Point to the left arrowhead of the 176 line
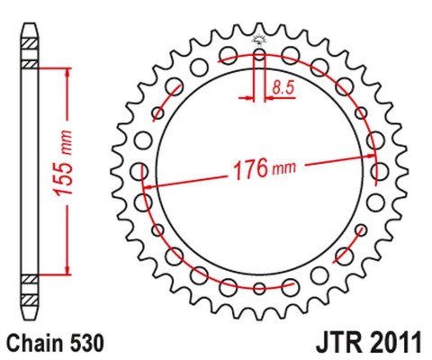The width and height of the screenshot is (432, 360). tap(149, 186)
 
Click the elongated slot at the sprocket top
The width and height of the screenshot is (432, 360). tap(259, 65)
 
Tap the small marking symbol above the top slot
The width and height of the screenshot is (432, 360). tap(259, 39)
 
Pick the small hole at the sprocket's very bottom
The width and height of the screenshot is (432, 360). tap(259, 288)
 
